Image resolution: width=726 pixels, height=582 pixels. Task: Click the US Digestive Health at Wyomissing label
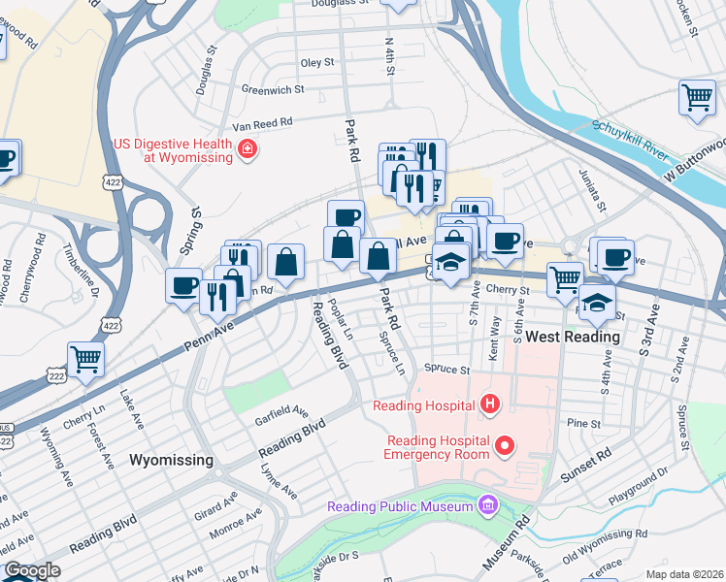pos(173,150)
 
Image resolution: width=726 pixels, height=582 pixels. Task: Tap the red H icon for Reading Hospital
pos(490,404)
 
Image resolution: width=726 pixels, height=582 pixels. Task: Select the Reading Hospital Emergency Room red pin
pos(504,446)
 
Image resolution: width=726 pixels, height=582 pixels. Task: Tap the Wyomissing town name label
pos(171,460)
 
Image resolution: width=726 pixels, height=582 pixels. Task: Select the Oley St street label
pos(317,62)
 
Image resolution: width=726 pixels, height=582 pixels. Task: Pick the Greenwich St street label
pos(273,88)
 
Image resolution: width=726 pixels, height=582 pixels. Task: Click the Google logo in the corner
pos(32,571)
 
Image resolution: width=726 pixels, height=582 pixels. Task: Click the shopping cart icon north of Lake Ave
pos(85,359)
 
